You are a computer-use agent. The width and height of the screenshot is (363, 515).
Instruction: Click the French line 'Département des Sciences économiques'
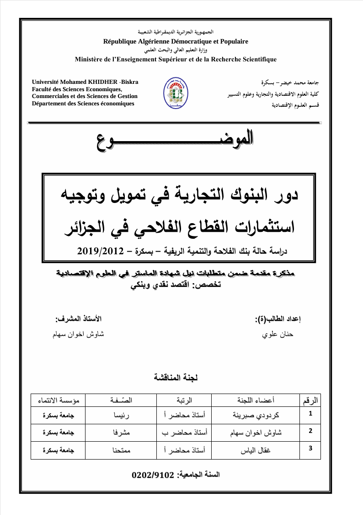coord(83,103)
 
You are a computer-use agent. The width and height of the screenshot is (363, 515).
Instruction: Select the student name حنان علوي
coord(277,334)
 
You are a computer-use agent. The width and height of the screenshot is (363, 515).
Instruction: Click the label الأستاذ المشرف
coord(79,318)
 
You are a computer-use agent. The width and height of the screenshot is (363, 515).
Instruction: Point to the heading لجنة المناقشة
coord(176,378)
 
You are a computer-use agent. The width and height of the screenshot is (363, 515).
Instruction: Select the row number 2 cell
coord(310,431)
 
